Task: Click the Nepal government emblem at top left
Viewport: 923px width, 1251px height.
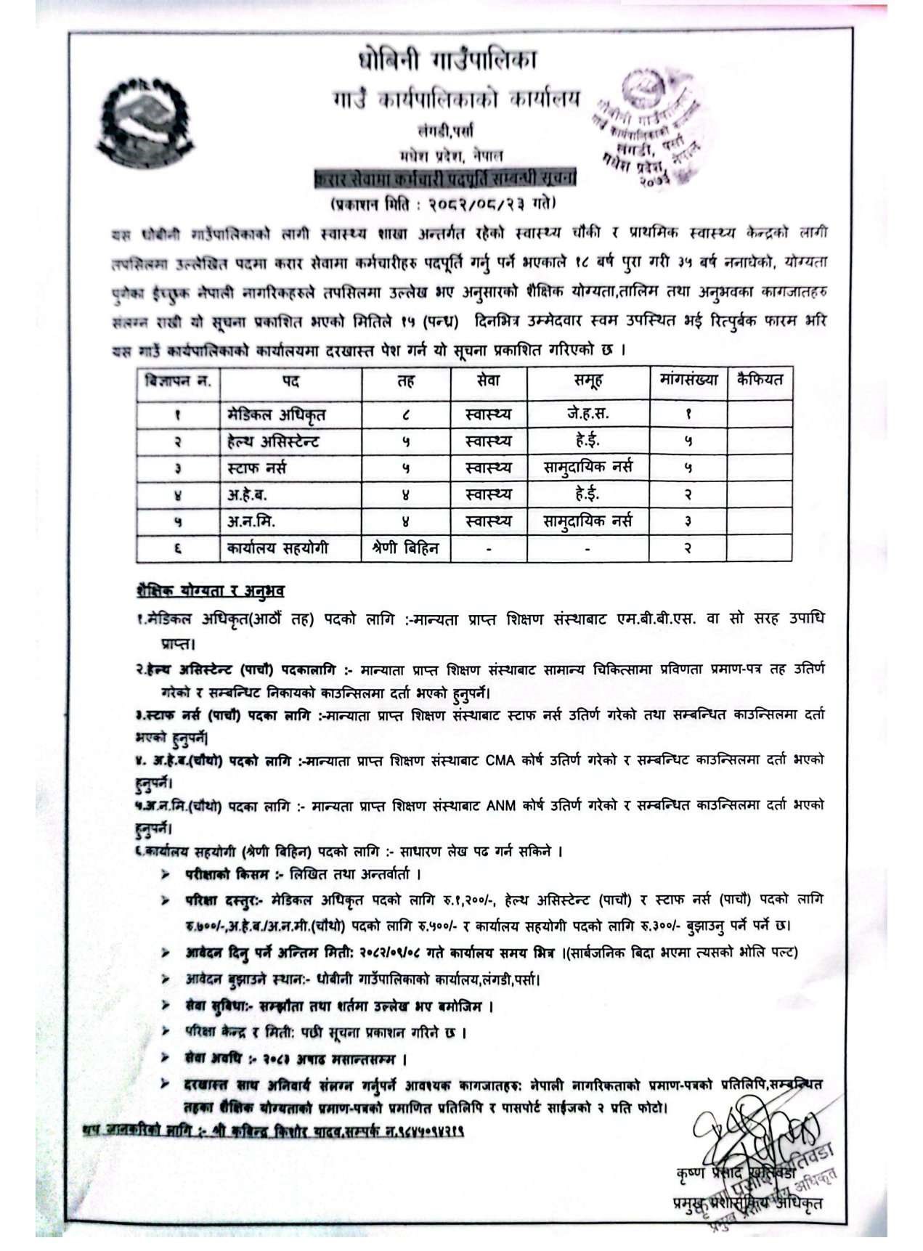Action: pos(145,116)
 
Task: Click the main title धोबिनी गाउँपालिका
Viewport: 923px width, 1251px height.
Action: pos(447,61)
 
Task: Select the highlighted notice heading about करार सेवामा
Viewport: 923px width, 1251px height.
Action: pos(444,178)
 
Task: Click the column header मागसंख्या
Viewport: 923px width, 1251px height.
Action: pos(688,380)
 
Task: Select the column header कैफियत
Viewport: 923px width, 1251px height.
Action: pos(759,380)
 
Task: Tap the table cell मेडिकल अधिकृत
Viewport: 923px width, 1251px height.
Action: pos(276,415)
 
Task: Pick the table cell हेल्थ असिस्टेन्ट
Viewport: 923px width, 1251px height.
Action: pos(272,441)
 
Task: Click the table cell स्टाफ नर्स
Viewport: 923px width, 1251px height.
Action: pos(256,468)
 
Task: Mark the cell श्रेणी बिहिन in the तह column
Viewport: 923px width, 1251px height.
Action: pos(405,548)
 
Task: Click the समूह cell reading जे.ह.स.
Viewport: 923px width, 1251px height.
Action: pos(587,414)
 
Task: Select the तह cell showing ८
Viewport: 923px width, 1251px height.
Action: pos(405,415)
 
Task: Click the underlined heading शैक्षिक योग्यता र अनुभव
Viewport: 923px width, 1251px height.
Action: pos(210,591)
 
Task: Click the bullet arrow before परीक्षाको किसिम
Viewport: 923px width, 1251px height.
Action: pos(166,875)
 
